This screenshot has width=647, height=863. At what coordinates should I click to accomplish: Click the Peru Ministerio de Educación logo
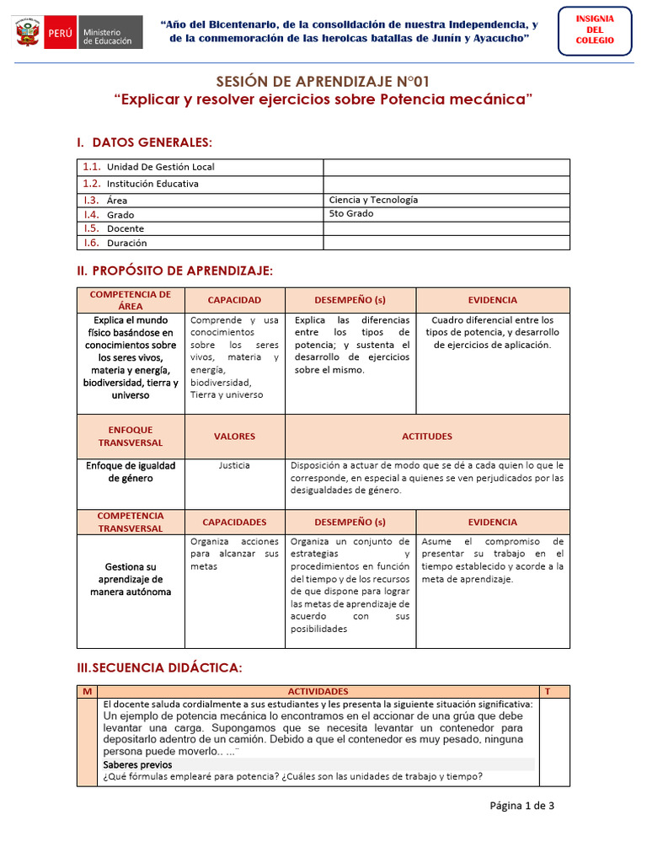coord(77,35)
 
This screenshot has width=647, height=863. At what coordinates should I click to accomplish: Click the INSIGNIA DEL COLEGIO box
coord(595,29)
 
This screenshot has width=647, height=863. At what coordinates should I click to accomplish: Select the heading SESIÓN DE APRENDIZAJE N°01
coord(323,82)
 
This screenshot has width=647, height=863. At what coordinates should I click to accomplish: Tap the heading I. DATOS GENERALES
coord(144,141)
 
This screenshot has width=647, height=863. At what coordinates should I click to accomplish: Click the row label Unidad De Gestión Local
coord(160,167)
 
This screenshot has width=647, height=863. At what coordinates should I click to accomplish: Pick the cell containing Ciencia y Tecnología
coord(373,200)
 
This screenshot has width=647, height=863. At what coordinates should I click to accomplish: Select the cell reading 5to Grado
coord(351,214)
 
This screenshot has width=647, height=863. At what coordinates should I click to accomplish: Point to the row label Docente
coord(125,228)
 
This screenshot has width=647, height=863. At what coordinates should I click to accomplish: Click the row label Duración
coord(126,243)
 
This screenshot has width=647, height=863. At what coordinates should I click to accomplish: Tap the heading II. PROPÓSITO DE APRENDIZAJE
coord(174,271)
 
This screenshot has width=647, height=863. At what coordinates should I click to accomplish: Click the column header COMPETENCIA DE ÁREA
coord(131,300)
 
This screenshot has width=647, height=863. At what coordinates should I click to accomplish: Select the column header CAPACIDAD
coord(234,300)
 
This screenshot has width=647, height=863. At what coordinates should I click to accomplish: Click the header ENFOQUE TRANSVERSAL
coord(131,437)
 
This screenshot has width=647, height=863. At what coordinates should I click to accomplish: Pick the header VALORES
coord(234,437)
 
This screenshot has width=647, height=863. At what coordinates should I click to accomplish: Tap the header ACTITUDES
coord(427,437)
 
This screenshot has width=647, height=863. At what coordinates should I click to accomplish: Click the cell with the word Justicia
coord(234,465)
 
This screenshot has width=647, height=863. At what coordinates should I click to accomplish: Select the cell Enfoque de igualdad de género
coord(131,471)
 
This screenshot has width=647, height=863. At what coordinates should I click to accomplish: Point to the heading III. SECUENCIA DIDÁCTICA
coord(159,667)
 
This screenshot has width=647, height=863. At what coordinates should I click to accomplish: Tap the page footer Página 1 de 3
coord(521,806)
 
